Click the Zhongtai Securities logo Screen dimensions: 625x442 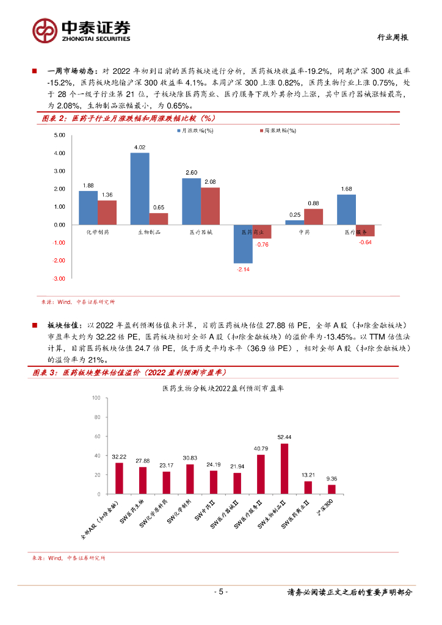(82, 30)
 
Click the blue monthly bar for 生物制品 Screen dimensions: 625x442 (140, 189)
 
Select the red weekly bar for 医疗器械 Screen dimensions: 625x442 (211, 206)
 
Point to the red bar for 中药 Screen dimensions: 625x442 (313, 217)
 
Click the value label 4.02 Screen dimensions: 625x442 (140, 147)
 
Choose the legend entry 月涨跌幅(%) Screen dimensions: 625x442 (195, 131)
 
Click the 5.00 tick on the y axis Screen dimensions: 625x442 (59, 135)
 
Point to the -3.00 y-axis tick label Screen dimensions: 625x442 (59, 279)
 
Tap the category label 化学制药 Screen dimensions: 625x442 (98, 232)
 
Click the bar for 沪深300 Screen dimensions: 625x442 (331, 490)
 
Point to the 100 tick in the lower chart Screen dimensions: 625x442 (96, 398)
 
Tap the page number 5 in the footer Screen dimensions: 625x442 (221, 592)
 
